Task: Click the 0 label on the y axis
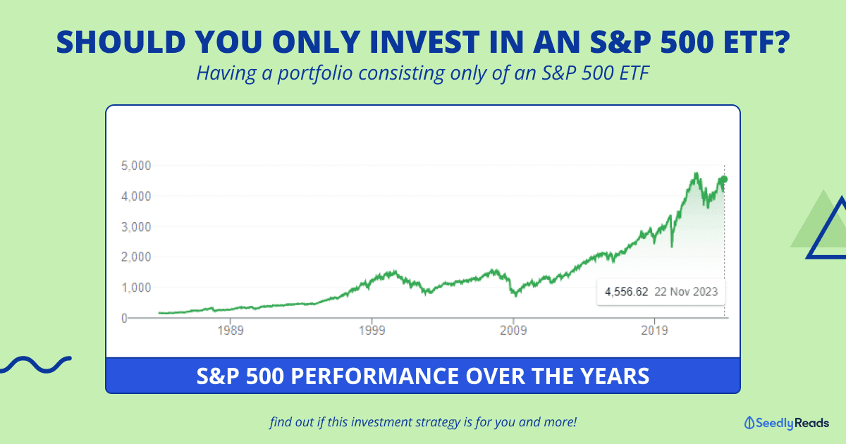(123, 318)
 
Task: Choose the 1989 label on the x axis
(231, 330)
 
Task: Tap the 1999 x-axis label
(373, 330)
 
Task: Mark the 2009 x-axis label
(514, 330)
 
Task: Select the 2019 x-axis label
(655, 330)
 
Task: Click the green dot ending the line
(724, 179)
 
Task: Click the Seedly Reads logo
(786, 423)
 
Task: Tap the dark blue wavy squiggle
(35, 364)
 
